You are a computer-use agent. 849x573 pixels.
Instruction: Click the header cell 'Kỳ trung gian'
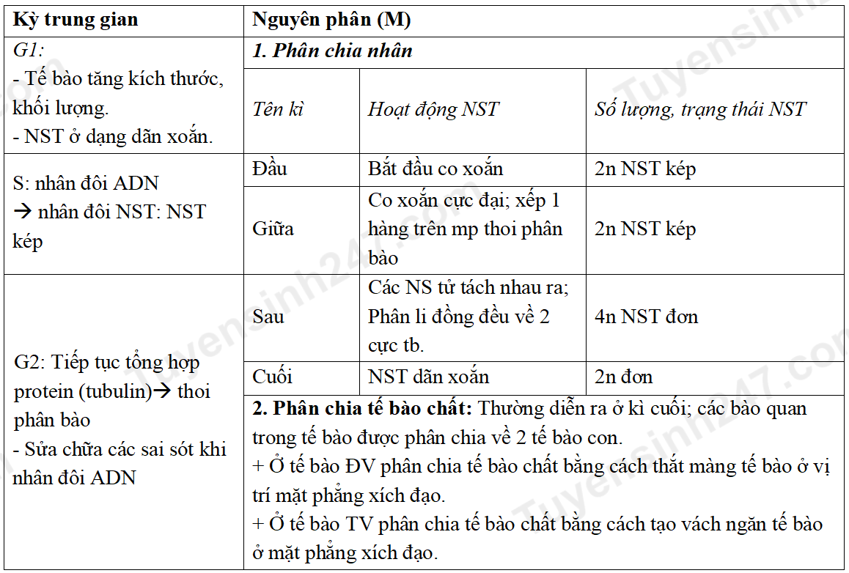pos(76,20)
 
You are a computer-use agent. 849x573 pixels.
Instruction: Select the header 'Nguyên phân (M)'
pos(331,20)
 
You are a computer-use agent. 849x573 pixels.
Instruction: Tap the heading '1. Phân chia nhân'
pos(332,51)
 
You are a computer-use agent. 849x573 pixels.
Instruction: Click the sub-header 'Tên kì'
pos(278,110)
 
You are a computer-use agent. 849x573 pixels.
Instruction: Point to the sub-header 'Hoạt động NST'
pos(433,110)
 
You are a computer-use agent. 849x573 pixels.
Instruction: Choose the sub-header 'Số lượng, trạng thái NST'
pos(699,110)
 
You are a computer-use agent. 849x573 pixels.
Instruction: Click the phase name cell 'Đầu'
pos(270,169)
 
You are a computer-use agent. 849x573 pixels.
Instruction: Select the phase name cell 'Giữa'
pos(273,229)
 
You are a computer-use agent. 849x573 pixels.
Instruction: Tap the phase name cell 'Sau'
pos(268,317)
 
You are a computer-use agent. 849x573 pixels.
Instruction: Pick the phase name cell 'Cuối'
pos(272,377)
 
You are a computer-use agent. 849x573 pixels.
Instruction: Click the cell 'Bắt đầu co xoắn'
pos(435,169)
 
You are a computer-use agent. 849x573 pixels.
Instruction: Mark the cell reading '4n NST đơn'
pos(646,317)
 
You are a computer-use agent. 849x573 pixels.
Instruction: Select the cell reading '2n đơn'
pos(623,377)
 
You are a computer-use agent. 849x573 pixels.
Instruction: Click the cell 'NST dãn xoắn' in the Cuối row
pos(428,377)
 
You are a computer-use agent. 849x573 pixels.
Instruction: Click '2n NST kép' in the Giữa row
pos(645,229)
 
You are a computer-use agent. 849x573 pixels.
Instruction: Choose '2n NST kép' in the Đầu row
pos(645,169)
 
